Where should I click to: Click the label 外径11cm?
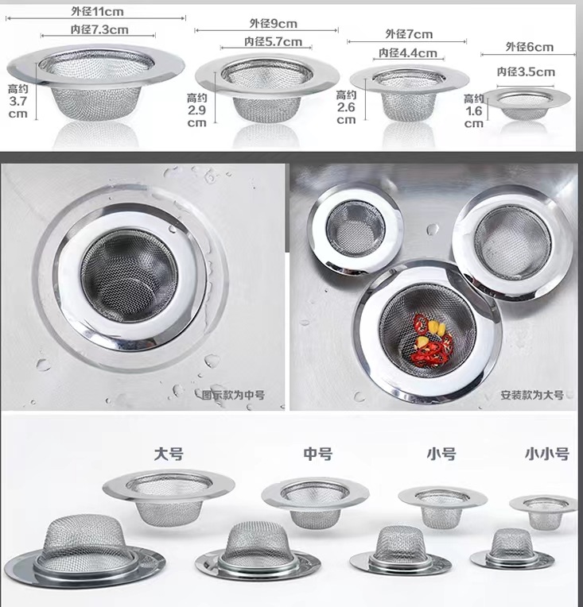click(97, 11)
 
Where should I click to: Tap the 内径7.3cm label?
click(99, 29)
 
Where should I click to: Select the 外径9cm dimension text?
click(274, 23)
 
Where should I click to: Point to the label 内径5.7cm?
click(273, 41)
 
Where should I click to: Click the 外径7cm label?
click(409, 34)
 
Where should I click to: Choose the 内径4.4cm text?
click(408, 52)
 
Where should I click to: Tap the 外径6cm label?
click(529, 47)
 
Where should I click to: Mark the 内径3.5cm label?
click(526, 72)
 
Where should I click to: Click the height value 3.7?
click(18, 102)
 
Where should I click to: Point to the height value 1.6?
click(473, 111)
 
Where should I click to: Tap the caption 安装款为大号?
click(532, 395)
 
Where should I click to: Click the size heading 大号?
click(169, 454)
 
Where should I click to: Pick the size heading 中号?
click(318, 454)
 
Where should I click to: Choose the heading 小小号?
click(547, 454)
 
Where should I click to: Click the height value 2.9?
click(197, 110)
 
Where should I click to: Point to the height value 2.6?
click(346, 107)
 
